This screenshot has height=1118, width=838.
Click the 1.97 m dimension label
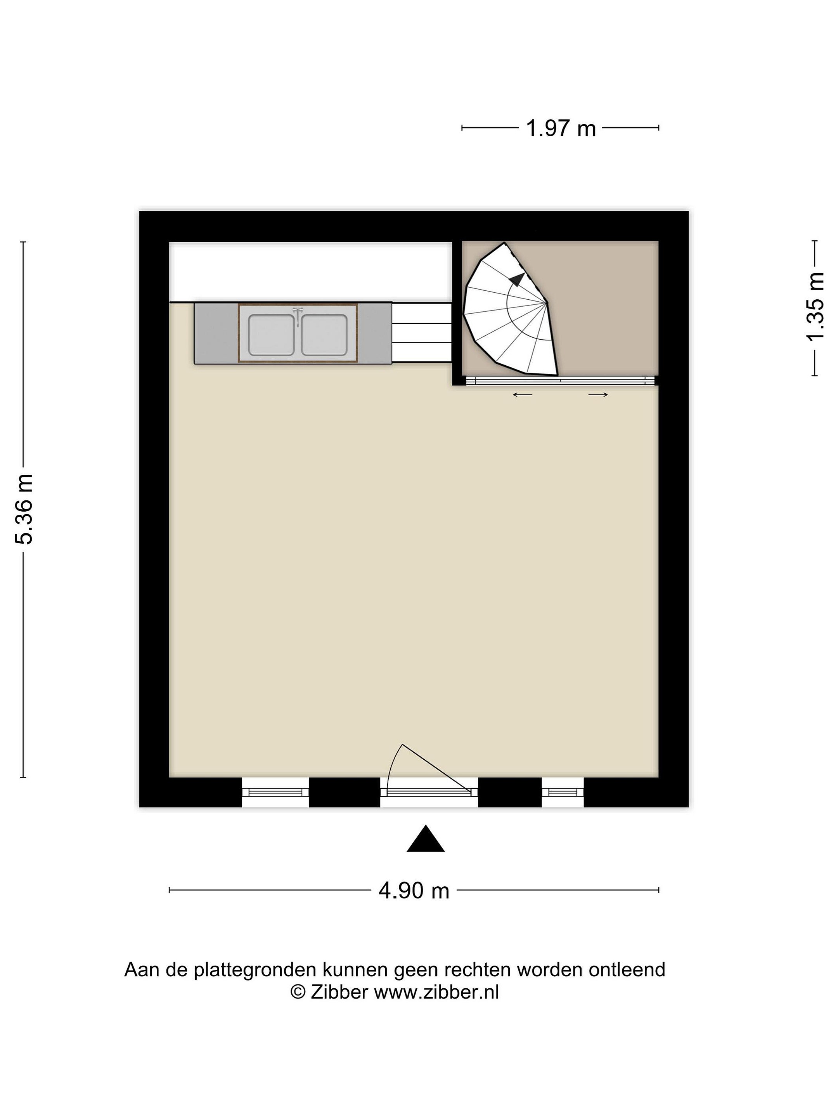click(x=561, y=128)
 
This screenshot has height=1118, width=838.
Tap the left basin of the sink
click(x=271, y=335)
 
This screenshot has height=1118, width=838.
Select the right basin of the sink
click(x=324, y=335)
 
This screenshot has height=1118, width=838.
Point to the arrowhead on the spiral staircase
click(x=516, y=279)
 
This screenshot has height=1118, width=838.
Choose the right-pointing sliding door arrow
click(x=598, y=395)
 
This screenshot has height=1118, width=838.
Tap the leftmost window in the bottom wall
click(x=275, y=792)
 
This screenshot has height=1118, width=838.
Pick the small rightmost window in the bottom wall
click(x=563, y=792)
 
